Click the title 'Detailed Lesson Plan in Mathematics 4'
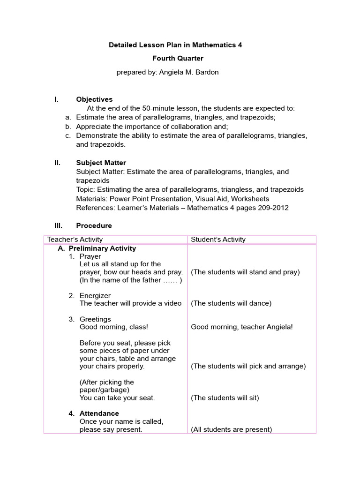175,45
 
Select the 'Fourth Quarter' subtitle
178,59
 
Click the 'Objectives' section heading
94,99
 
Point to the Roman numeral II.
58,163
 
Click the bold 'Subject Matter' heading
101,163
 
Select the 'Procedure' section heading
94,225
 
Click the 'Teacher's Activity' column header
75,240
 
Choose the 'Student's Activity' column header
218,240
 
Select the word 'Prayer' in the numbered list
90,257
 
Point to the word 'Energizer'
95,295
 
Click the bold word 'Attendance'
99,413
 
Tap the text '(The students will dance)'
231,303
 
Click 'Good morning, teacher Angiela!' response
241,327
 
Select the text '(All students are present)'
231,429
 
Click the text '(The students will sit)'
225,398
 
